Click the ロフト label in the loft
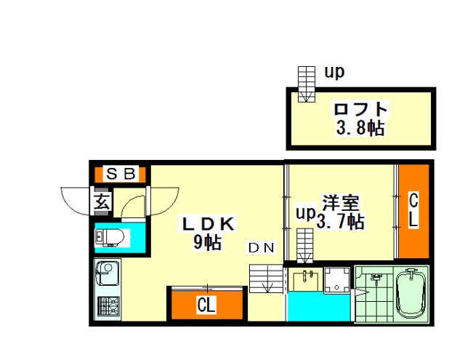(360, 109)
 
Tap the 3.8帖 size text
(360, 128)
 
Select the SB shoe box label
(121, 175)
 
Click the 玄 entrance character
(102, 202)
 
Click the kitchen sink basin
(106, 273)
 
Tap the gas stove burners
(109, 305)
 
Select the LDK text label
(209, 224)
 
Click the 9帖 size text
(207, 242)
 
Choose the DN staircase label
(262, 248)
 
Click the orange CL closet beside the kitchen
(206, 304)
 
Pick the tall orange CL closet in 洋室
(413, 211)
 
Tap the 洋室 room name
(341, 202)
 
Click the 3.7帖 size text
(341, 221)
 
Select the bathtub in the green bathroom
(411, 294)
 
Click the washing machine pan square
(336, 280)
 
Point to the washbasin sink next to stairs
(305, 281)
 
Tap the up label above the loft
(334, 72)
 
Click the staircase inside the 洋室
(305, 246)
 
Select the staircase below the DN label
(266, 279)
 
